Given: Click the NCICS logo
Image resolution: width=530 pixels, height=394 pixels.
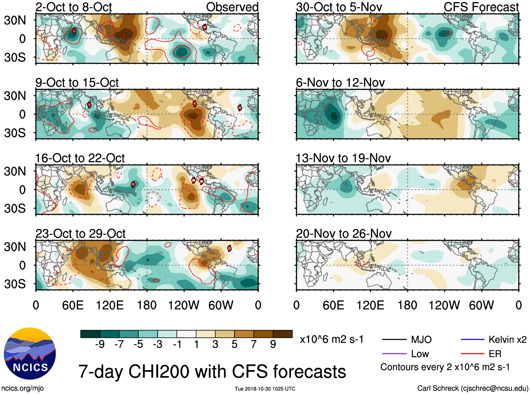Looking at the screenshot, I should [x=29, y=354].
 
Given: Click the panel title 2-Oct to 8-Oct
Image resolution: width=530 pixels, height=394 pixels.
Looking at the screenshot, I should [x=73, y=7].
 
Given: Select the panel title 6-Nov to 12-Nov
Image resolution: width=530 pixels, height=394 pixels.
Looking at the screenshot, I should [x=340, y=83].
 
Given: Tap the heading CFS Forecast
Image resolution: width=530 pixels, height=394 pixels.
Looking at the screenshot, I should [x=481, y=7].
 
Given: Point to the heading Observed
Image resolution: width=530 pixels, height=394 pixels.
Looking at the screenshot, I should [x=232, y=7].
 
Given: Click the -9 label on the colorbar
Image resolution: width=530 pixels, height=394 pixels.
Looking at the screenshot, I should [x=100, y=344].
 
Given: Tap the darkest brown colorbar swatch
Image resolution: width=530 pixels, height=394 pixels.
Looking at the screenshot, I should [x=283, y=334].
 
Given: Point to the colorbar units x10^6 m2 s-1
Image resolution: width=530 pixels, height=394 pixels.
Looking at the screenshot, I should [x=331, y=340].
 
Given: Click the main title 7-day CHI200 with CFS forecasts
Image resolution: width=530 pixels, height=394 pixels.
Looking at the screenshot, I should [x=212, y=372].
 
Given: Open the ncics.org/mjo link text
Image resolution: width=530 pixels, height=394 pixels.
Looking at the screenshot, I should [x=22, y=388].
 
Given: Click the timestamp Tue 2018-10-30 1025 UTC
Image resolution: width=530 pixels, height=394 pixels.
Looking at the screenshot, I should [x=265, y=389].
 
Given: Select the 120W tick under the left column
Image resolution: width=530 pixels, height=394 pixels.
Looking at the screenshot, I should [x=184, y=305].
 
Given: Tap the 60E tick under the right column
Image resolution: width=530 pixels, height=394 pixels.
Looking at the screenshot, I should [x=333, y=305].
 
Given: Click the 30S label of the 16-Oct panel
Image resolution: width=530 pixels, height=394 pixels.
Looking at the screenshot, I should [x=15, y=208].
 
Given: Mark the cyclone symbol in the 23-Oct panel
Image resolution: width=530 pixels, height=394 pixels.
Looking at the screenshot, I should [x=229, y=248].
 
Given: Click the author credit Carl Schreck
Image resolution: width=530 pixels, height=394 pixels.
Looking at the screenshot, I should [x=472, y=388].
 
